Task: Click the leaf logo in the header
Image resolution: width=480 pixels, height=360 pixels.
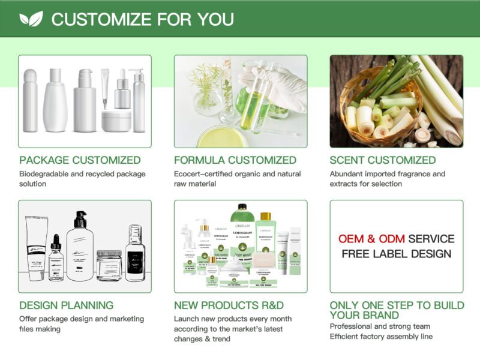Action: (x=31, y=19)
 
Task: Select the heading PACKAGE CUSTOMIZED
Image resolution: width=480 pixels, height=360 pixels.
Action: (x=80, y=160)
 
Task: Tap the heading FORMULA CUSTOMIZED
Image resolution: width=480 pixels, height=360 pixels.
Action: (x=235, y=160)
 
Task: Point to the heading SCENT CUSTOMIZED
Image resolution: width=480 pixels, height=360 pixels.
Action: (x=391, y=160)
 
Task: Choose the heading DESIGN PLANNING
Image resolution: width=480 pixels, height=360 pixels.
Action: (x=66, y=305)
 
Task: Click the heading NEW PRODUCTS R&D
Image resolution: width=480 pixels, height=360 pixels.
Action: (x=229, y=305)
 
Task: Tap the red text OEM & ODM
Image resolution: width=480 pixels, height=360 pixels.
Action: (x=371, y=239)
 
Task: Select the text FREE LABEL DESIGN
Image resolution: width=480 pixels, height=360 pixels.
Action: (x=397, y=254)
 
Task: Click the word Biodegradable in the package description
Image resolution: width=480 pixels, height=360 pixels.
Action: (x=46, y=174)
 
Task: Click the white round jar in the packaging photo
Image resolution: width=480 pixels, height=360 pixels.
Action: (x=116, y=120)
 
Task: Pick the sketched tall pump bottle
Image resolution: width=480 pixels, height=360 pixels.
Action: (x=79, y=246)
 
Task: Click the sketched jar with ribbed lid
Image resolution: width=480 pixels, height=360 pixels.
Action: (x=109, y=264)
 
